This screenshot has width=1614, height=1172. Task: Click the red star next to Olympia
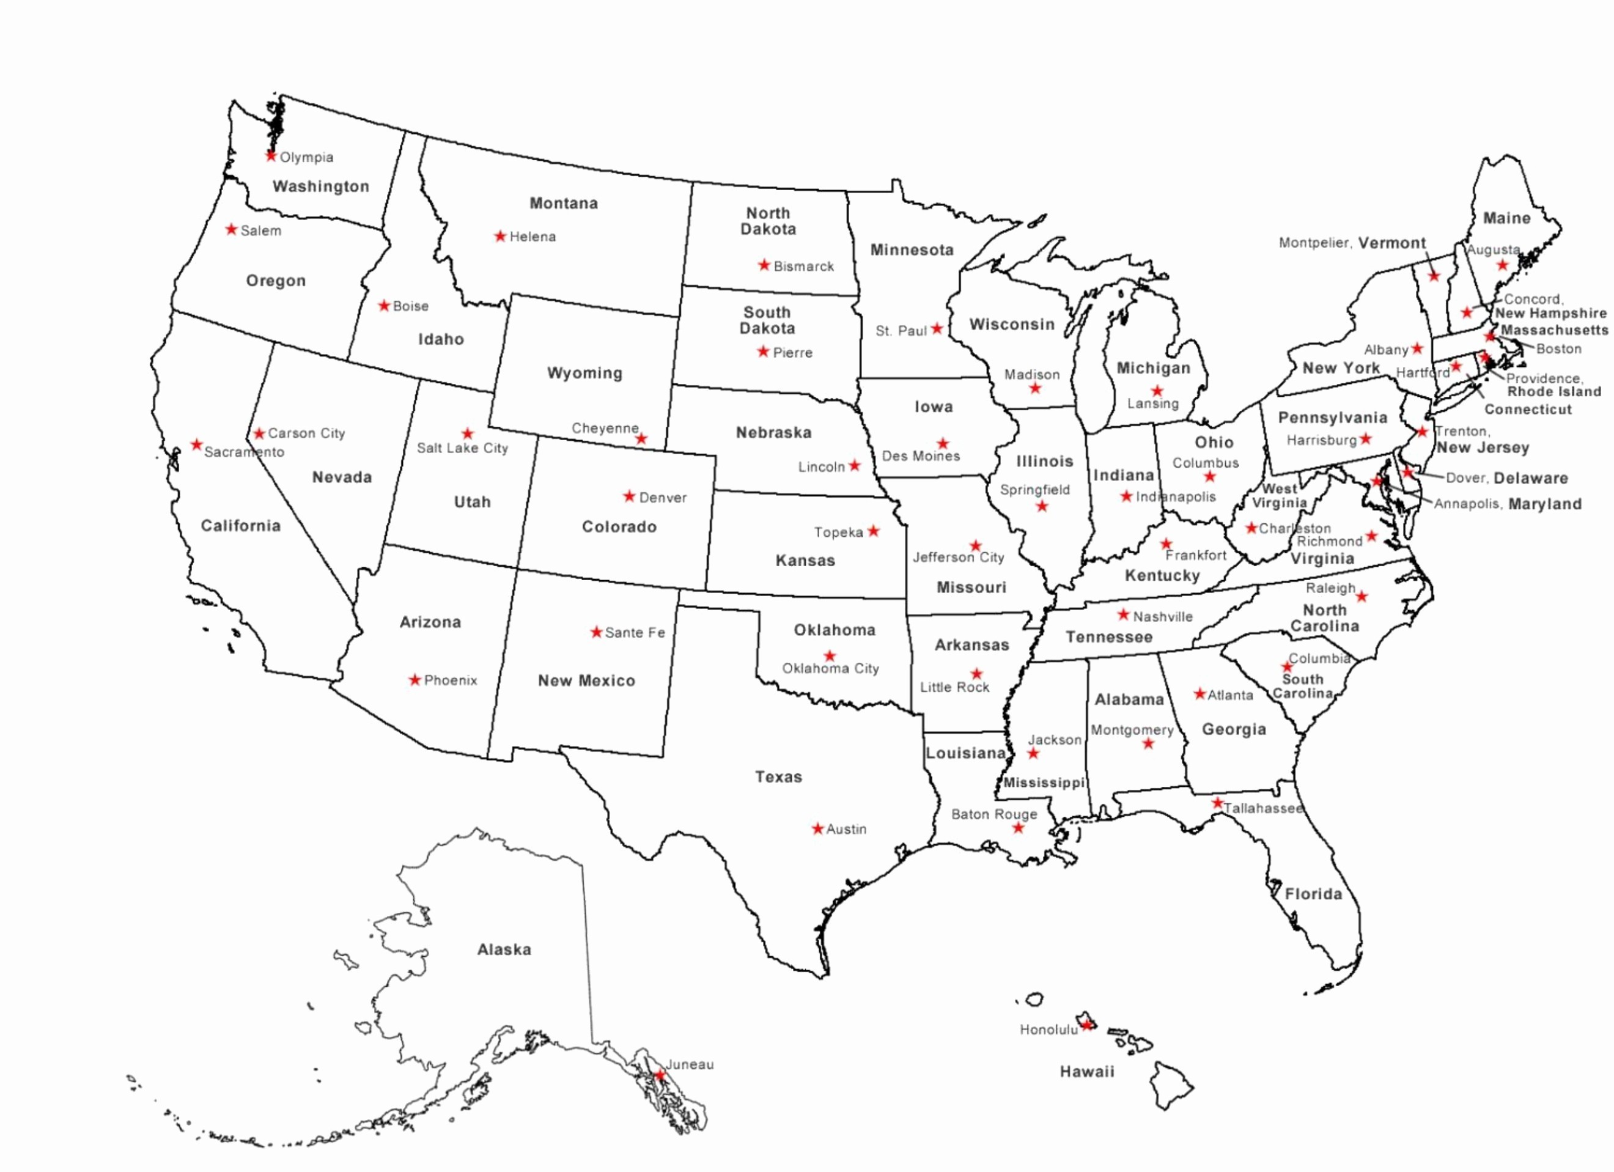(x=270, y=155)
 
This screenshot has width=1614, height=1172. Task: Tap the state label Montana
(x=563, y=204)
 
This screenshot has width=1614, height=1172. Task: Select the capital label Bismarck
(x=803, y=267)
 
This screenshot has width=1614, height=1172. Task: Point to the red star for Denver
(x=629, y=496)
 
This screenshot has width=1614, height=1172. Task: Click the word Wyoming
(x=584, y=373)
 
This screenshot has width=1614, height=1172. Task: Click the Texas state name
(x=778, y=777)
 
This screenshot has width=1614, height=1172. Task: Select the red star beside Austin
(x=817, y=828)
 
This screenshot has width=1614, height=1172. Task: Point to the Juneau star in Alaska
(x=660, y=1075)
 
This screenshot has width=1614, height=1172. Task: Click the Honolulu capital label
(x=1048, y=1030)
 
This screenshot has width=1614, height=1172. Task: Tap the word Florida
(x=1313, y=894)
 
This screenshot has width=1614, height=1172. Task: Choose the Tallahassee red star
(x=1218, y=803)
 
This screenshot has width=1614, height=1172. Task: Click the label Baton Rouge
(x=993, y=814)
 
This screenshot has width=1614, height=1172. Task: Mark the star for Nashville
(x=1123, y=614)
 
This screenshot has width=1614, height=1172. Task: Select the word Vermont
(x=1391, y=243)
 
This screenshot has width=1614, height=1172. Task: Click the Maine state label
(x=1506, y=218)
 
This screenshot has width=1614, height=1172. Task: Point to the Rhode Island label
(x=1553, y=392)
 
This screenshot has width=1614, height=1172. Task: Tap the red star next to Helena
(x=500, y=236)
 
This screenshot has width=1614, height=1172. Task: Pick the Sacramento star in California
(x=196, y=444)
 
